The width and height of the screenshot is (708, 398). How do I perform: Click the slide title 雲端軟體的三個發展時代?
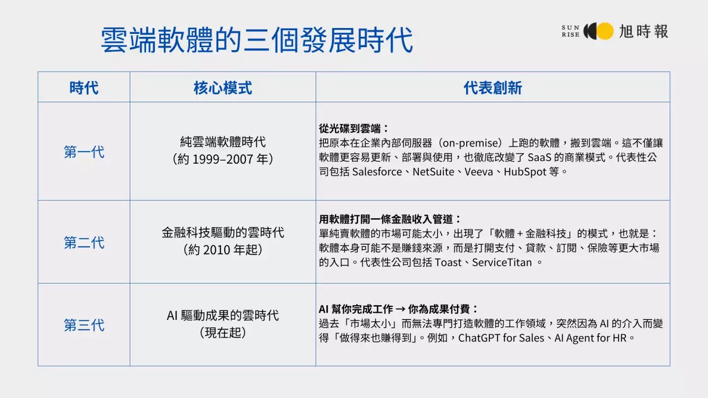tap(257, 40)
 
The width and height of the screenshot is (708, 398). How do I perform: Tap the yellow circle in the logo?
tap(605, 31)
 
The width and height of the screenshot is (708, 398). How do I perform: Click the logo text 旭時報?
tap(644, 31)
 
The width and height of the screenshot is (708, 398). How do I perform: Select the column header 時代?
tap(84, 88)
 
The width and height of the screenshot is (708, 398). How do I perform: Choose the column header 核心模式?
tap(223, 88)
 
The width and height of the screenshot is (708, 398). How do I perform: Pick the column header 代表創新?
tap(493, 88)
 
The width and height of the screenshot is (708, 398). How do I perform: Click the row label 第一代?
tap(84, 152)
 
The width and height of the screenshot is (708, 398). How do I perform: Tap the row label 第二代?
tap(84, 243)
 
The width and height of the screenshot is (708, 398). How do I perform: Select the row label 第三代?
tap(84, 325)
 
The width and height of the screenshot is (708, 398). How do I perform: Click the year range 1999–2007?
tap(223, 159)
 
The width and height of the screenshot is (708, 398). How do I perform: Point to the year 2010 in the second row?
tap(216, 250)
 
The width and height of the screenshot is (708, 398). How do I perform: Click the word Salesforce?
tap(377, 172)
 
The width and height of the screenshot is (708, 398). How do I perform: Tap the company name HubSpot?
tap(525, 172)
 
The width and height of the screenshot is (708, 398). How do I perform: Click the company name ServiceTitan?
tap(502, 262)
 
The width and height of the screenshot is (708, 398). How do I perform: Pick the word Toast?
tap(448, 262)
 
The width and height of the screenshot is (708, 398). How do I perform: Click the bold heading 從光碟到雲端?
tap(350, 129)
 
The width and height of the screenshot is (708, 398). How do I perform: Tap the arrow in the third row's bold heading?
tap(400, 309)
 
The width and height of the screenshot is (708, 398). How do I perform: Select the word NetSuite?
tap(433, 172)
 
